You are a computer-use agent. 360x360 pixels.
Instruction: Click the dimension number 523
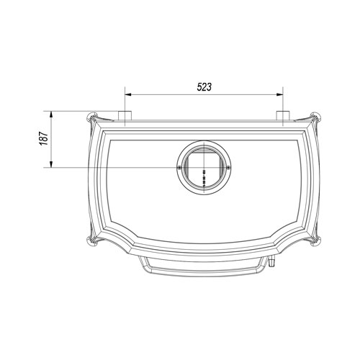pyautogui.click(x=204, y=86)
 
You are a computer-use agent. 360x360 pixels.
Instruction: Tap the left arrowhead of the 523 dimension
pyautogui.click(x=129, y=94)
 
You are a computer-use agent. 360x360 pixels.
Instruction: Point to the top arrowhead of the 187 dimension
pyautogui.click(x=50, y=114)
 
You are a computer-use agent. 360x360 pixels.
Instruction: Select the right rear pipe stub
pyautogui.click(x=284, y=117)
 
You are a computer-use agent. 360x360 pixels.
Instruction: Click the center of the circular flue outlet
pyautogui.click(x=204, y=167)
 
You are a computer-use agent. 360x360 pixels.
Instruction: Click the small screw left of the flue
pyautogui.click(x=179, y=167)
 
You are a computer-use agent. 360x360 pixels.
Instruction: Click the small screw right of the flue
pyautogui.click(x=229, y=167)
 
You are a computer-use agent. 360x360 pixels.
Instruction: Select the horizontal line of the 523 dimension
pyautogui.click(x=204, y=94)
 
